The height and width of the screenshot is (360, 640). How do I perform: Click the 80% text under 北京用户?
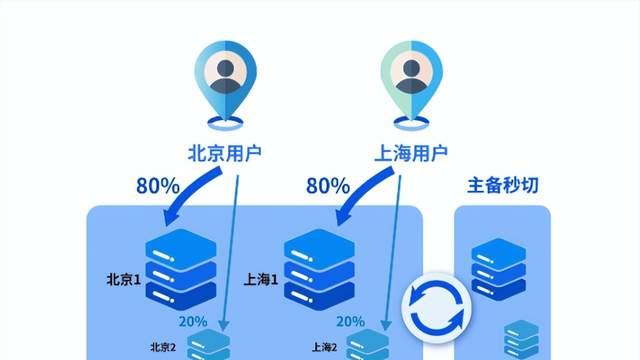159,186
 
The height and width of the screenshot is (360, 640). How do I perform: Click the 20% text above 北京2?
194,322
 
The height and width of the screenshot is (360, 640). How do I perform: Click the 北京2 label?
162,348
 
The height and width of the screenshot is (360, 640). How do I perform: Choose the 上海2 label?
323,348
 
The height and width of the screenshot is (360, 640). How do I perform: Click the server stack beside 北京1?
181,268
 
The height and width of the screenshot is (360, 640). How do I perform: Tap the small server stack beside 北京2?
208,346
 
